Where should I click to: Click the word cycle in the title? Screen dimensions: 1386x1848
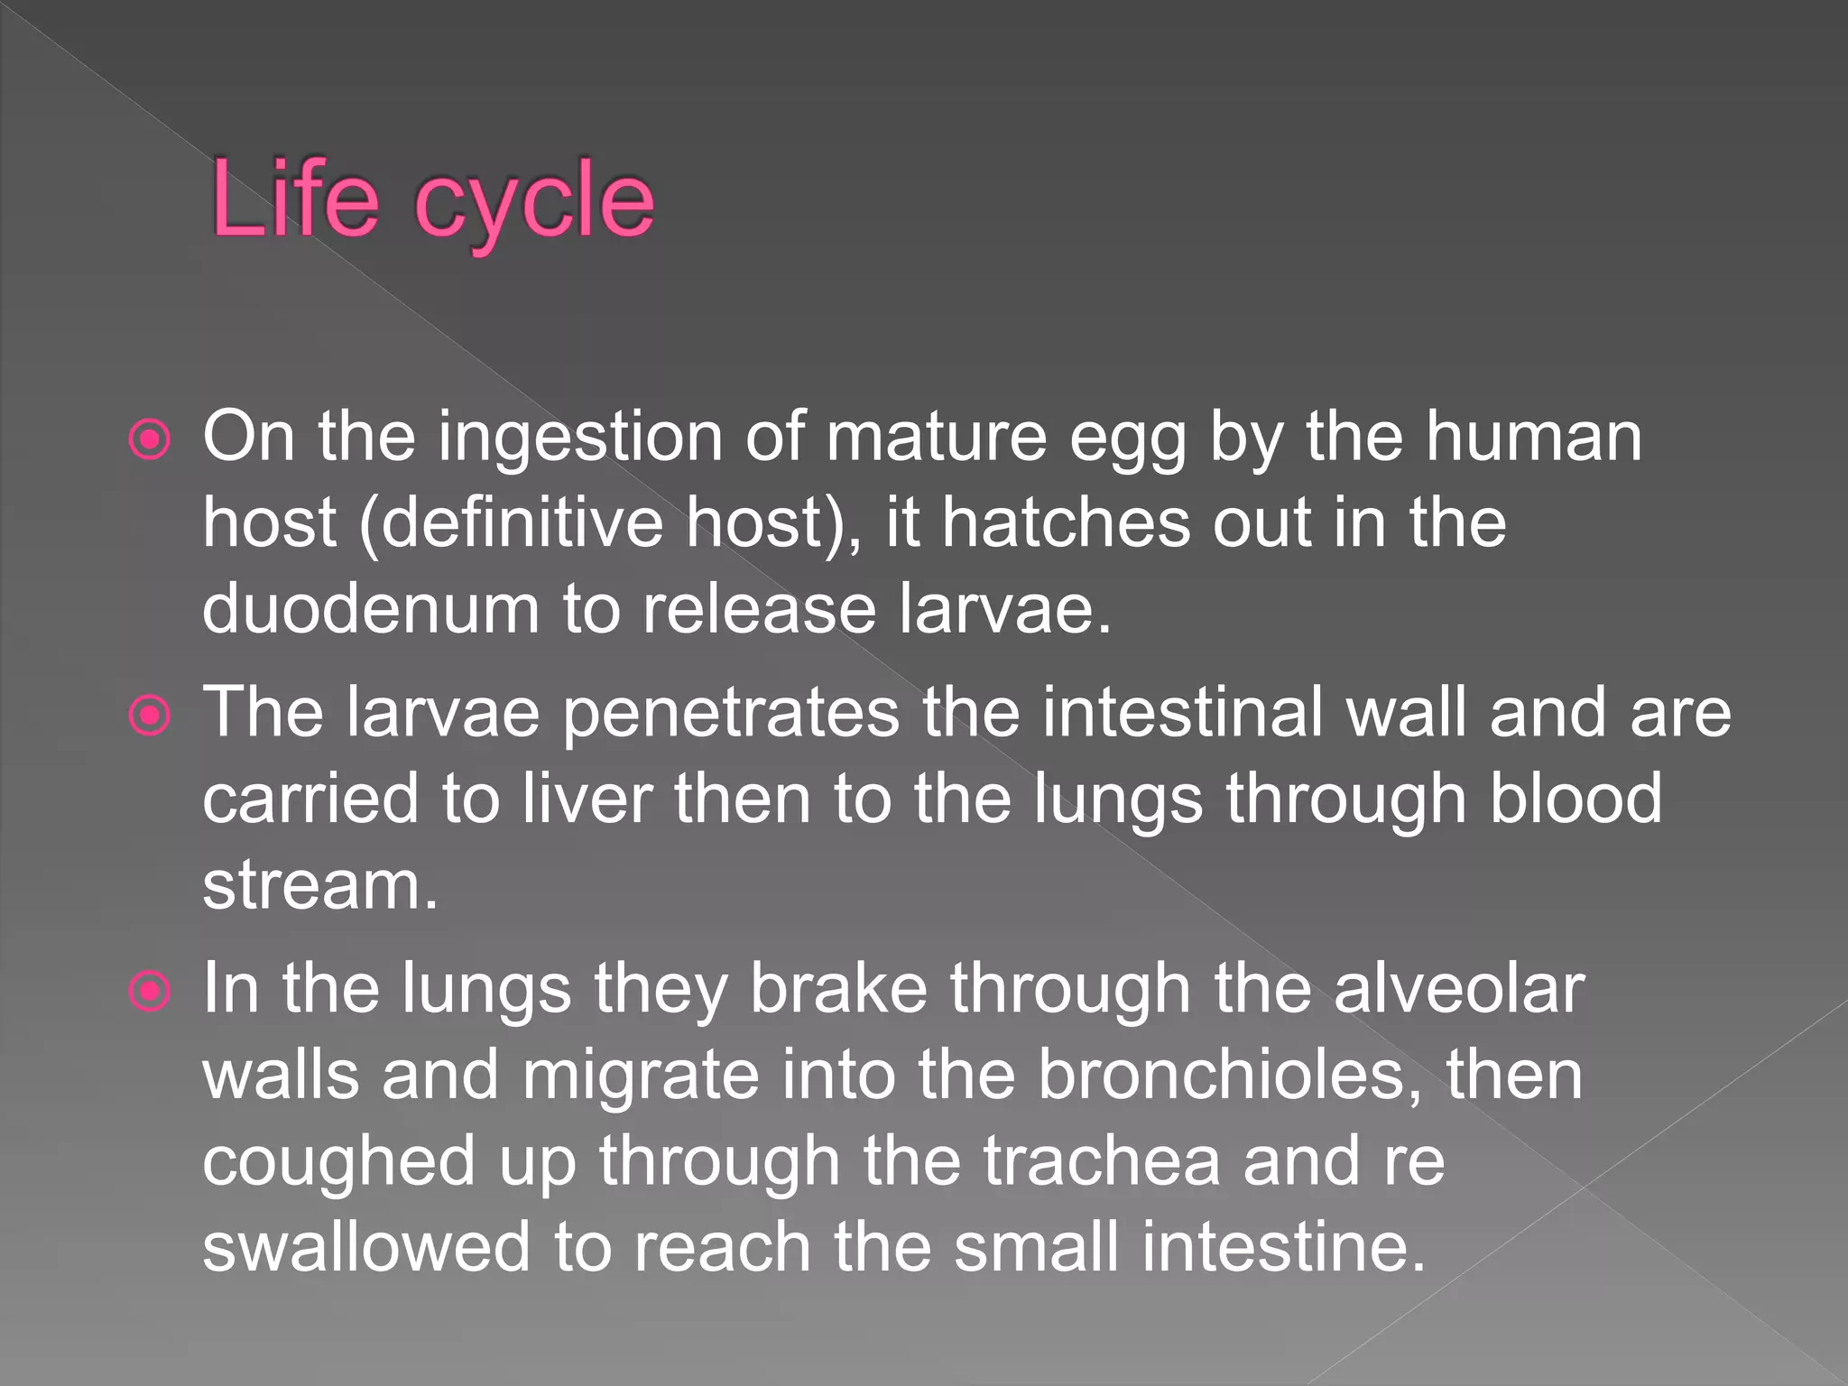click(533, 203)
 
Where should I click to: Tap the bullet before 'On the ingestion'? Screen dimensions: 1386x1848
click(150, 440)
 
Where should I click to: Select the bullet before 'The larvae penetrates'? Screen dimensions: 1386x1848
click(150, 716)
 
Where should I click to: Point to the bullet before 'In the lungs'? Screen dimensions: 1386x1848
click(150, 991)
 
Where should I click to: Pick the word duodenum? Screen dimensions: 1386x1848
click(370, 609)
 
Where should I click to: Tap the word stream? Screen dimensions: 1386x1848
click(319, 886)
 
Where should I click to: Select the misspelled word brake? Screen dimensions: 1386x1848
click(838, 988)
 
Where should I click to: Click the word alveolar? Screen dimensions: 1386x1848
click(1458, 988)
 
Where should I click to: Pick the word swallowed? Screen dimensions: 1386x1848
click(366, 1247)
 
